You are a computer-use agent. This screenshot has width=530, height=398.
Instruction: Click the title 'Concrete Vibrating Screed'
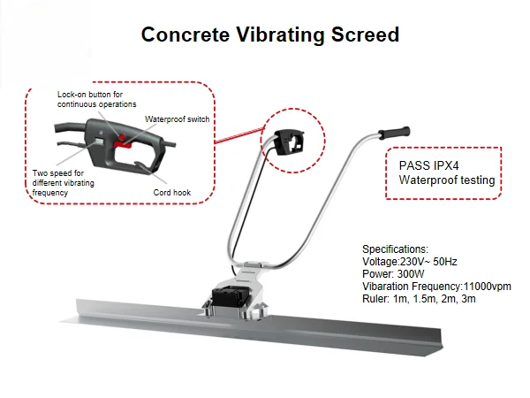coord(270,35)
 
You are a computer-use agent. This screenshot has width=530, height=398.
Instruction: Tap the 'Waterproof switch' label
coord(178,119)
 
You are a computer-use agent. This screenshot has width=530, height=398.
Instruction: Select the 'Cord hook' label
coord(173,192)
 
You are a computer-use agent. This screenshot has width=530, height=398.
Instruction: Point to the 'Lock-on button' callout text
coord(96,99)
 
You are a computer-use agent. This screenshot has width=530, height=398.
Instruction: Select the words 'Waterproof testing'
coord(446,180)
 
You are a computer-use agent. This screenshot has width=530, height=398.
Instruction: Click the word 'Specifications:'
coord(396,249)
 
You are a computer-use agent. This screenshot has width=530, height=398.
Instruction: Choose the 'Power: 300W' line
coord(394,274)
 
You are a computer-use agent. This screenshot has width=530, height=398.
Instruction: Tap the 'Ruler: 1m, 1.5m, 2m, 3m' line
coord(420,299)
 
